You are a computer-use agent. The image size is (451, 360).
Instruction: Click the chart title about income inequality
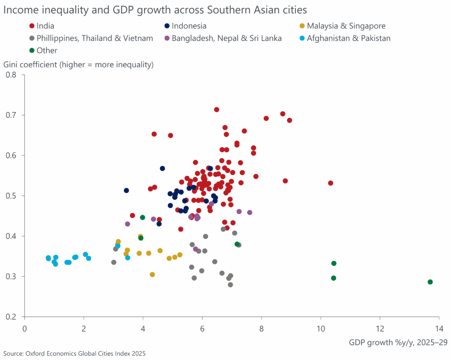pos(155,9)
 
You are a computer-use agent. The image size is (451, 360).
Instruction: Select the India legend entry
pos(45,26)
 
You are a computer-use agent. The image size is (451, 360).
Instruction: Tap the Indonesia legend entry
pos(189,26)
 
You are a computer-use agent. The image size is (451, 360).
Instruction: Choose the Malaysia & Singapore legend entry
pos(346,26)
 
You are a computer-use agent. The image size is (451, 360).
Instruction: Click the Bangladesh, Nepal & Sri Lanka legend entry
pos(226,38)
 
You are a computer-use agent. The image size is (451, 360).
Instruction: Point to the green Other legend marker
pos(32,51)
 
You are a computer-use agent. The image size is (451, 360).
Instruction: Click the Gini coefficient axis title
pos(78,65)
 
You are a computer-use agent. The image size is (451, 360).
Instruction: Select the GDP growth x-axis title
pos(395,342)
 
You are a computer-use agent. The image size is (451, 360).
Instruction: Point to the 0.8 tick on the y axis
pos(15,75)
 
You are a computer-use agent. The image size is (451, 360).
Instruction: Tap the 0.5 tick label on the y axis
pos(15,196)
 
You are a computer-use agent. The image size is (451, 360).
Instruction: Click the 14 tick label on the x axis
pos(439,328)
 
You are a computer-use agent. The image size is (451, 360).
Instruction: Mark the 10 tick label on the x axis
pos(321,328)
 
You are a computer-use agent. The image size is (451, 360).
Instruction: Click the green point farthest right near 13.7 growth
pos(430,282)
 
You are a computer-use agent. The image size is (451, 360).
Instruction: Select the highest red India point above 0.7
pos(217,110)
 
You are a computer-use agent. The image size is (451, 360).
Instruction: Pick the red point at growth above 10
pos(331,183)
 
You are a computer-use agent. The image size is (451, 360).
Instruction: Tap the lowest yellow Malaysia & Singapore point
pos(152,275)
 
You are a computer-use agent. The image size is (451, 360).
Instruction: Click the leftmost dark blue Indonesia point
pos(126,191)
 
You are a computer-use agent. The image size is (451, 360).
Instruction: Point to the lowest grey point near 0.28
pos(230,285)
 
